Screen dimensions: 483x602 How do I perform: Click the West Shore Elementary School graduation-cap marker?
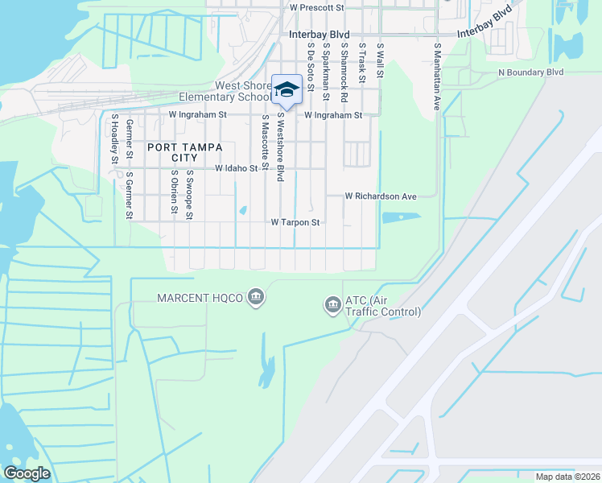(287, 90)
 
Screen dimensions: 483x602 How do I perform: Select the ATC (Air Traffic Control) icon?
(332, 305)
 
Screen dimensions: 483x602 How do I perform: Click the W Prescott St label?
(316, 7)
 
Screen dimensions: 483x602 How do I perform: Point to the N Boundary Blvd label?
(531, 72)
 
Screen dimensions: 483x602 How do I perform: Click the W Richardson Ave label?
(381, 196)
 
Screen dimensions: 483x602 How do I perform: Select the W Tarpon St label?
(295, 222)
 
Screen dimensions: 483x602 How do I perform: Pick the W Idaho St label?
(241, 169)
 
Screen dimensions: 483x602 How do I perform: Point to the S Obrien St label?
(173, 193)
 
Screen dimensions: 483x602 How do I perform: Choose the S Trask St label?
(362, 64)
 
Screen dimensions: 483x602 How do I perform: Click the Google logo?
(26, 473)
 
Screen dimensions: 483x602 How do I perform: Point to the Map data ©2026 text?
(568, 477)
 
